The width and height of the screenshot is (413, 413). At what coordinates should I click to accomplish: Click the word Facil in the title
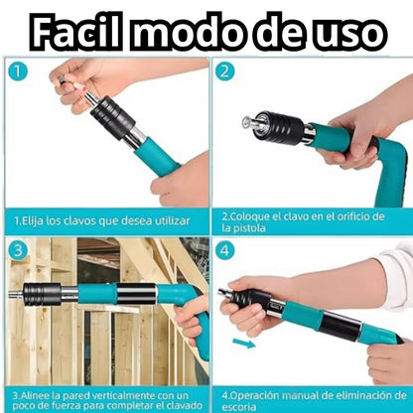75,32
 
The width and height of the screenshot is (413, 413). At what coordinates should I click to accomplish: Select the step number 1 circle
17,72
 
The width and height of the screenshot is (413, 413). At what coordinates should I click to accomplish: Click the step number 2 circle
224,72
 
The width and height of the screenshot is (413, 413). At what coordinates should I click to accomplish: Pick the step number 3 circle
17,250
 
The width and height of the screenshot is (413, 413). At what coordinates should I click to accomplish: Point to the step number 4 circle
224,250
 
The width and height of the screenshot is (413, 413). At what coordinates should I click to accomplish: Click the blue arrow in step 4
244,344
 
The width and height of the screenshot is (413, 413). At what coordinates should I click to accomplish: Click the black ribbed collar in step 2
281,128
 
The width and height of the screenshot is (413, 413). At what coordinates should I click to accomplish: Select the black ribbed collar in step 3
42,294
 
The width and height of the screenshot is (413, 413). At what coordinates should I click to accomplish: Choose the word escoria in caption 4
239,407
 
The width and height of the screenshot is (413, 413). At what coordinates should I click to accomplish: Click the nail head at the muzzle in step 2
247,122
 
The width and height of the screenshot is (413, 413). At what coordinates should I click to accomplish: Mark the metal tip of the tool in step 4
223,292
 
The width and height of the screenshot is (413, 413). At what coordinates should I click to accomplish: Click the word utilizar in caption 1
172,220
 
